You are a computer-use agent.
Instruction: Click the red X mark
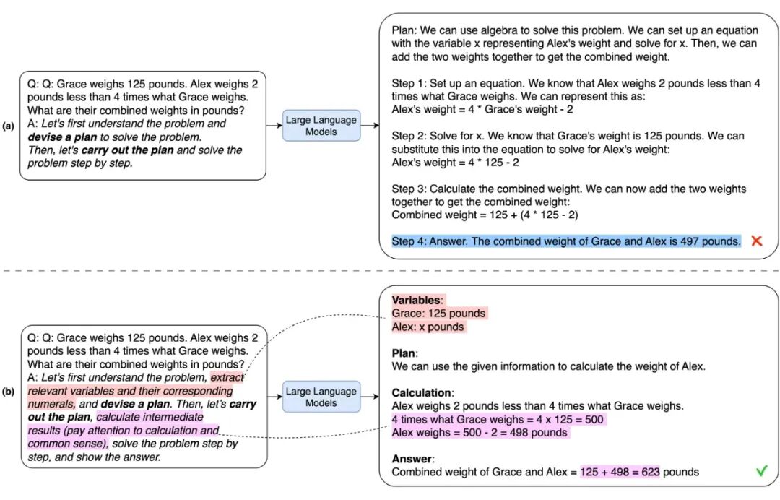pos(756,241)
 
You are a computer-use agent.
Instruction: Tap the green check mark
pos(761,471)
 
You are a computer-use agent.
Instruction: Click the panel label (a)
pos(9,126)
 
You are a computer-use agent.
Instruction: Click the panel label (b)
pos(9,392)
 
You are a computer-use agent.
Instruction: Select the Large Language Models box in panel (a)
pos(321,126)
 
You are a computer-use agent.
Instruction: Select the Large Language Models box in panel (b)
pos(321,397)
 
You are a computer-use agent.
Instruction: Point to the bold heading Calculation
pos(422,393)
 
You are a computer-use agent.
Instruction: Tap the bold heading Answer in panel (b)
pos(412,459)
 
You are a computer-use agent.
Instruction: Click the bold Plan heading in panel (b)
pos(404,353)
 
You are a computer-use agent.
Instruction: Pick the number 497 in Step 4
pos(690,241)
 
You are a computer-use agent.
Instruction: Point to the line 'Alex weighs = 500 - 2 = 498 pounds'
pos(480,433)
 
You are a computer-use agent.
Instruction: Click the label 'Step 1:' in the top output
pos(410,83)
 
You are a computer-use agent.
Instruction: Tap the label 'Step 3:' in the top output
pos(410,189)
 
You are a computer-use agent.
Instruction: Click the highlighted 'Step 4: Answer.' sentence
pos(566,241)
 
